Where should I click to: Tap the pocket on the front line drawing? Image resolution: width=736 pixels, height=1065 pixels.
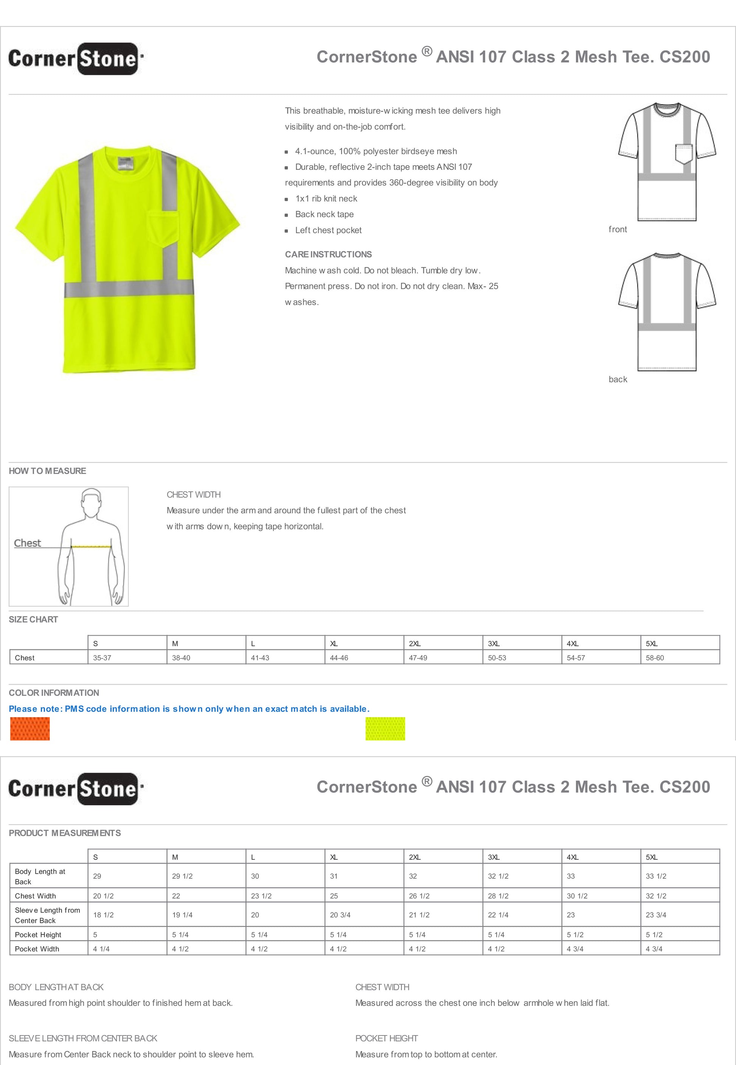[x=683, y=154]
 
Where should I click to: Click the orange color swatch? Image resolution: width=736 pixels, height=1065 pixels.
[x=30, y=728]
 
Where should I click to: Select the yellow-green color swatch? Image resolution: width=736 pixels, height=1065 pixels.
[x=385, y=728]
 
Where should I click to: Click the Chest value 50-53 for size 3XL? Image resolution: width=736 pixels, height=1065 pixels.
[x=497, y=658]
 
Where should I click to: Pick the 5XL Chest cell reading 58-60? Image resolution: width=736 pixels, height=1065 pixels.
[x=654, y=658]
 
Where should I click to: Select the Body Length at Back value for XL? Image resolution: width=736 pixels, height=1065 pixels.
[x=334, y=876]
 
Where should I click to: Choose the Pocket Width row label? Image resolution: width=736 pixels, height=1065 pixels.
[x=37, y=949]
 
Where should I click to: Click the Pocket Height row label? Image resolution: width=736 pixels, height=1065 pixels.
[x=38, y=935]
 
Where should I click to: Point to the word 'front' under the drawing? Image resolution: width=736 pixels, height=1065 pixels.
[x=618, y=230]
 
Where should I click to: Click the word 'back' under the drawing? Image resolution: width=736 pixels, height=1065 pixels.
[x=618, y=379]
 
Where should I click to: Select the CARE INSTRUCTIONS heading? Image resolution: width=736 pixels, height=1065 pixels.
[x=328, y=255]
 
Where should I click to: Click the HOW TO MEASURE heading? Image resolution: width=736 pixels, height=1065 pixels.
[x=47, y=471]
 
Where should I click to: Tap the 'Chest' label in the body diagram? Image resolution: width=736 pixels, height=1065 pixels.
[x=27, y=543]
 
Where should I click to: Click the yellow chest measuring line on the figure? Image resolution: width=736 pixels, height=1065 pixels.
[x=91, y=547]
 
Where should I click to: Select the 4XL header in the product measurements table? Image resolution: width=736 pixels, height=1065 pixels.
[x=572, y=857]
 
